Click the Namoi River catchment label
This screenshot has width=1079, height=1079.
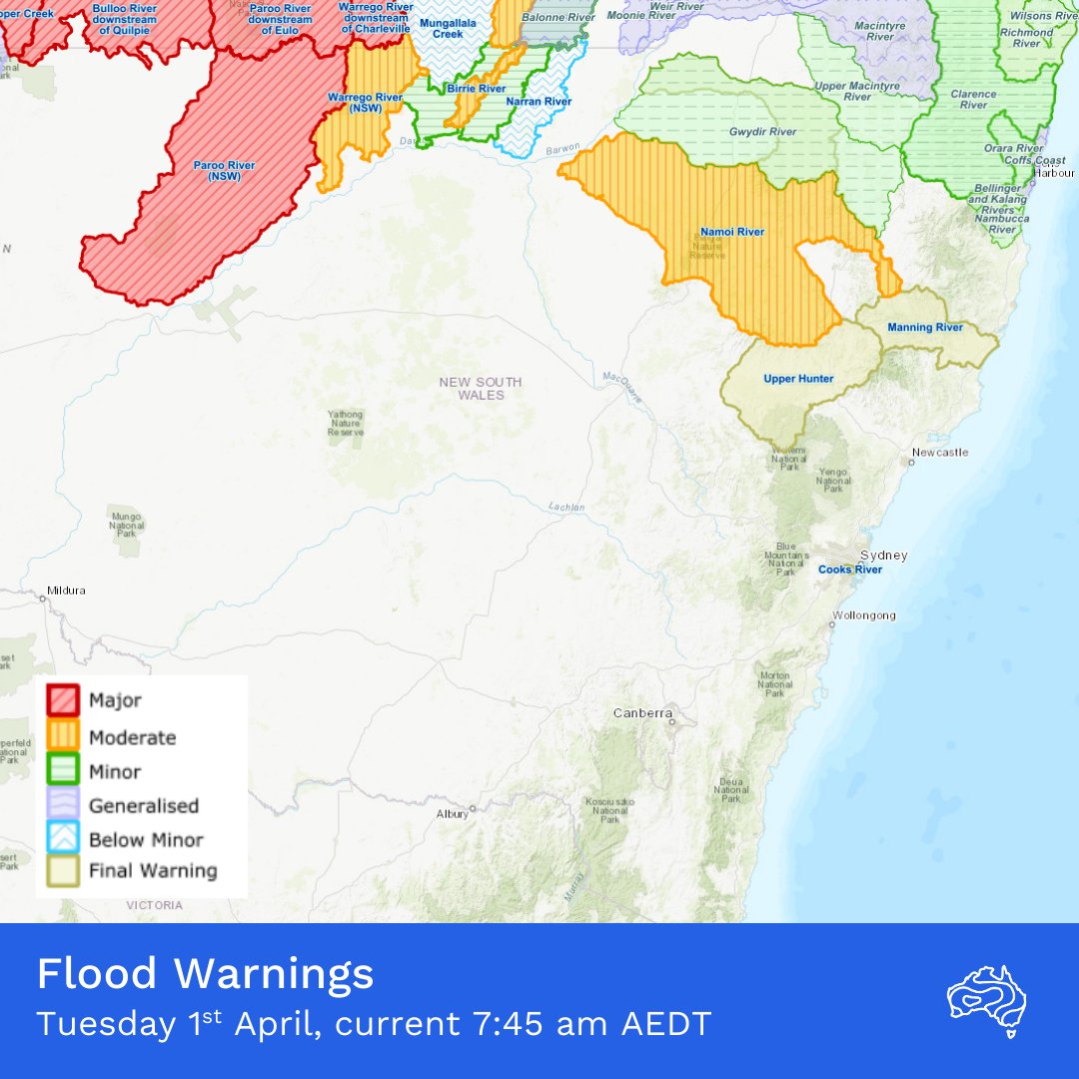pos(732,233)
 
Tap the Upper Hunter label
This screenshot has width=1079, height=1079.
pos(798,379)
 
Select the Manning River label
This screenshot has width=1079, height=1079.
pos(924,328)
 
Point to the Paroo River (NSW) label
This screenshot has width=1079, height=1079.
pos(224,171)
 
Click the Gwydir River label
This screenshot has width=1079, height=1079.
pos(762,132)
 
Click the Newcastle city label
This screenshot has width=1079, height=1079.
pos(939,453)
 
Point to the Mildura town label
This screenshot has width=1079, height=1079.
pos(66,590)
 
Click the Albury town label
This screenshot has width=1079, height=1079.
pos(452,814)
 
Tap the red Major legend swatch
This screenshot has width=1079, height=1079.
pos(64,701)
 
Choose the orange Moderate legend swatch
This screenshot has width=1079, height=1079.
pos(64,736)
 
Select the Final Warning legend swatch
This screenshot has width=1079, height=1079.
pos(64,871)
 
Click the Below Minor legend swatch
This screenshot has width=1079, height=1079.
pos(64,838)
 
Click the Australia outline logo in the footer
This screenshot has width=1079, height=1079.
pos(986,1000)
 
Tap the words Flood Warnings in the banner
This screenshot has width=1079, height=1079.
pos(205,974)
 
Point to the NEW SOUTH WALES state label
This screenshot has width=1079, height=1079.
pos(481,389)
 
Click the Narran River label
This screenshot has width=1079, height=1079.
pos(538,102)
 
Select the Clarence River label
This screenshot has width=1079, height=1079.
pos(973,99)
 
